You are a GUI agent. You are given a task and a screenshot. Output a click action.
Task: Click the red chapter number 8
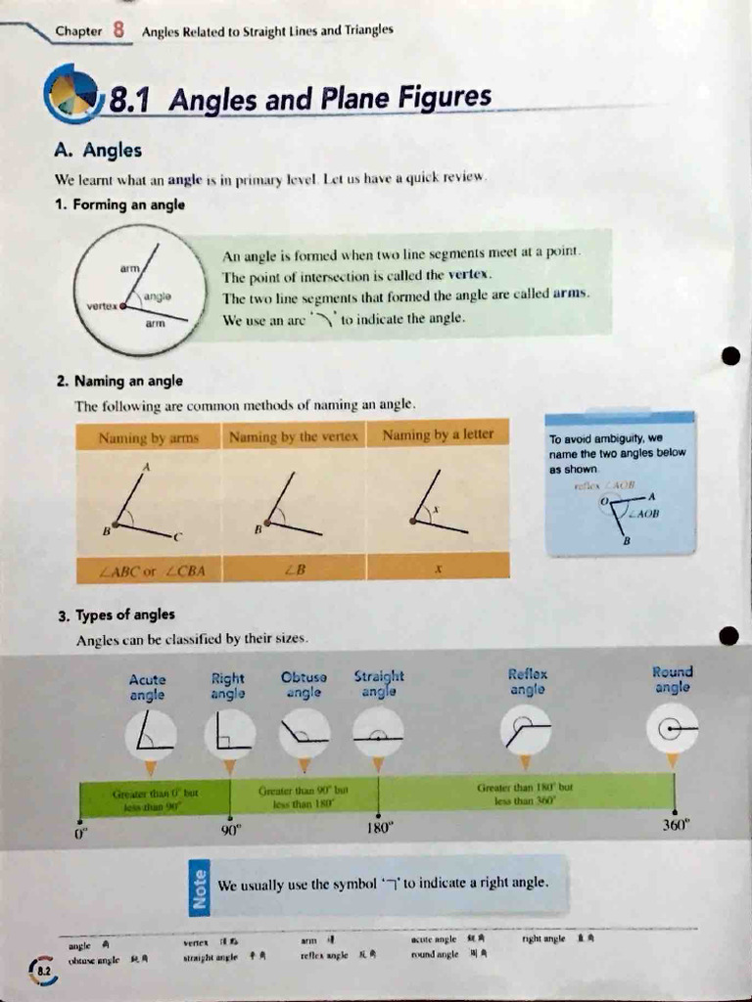118,28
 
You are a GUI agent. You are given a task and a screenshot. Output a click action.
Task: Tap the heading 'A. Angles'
98,151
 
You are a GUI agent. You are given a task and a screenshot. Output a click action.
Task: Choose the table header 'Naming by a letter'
438,434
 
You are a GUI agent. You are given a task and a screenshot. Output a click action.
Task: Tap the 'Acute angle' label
147,687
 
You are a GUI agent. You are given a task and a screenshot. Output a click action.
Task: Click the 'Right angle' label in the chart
227,686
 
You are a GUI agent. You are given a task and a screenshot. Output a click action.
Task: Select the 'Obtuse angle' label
303,684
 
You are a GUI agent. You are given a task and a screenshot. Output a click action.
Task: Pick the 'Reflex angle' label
529,681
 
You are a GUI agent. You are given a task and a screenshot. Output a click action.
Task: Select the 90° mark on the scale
231,831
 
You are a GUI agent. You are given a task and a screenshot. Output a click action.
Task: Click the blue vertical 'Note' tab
199,888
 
